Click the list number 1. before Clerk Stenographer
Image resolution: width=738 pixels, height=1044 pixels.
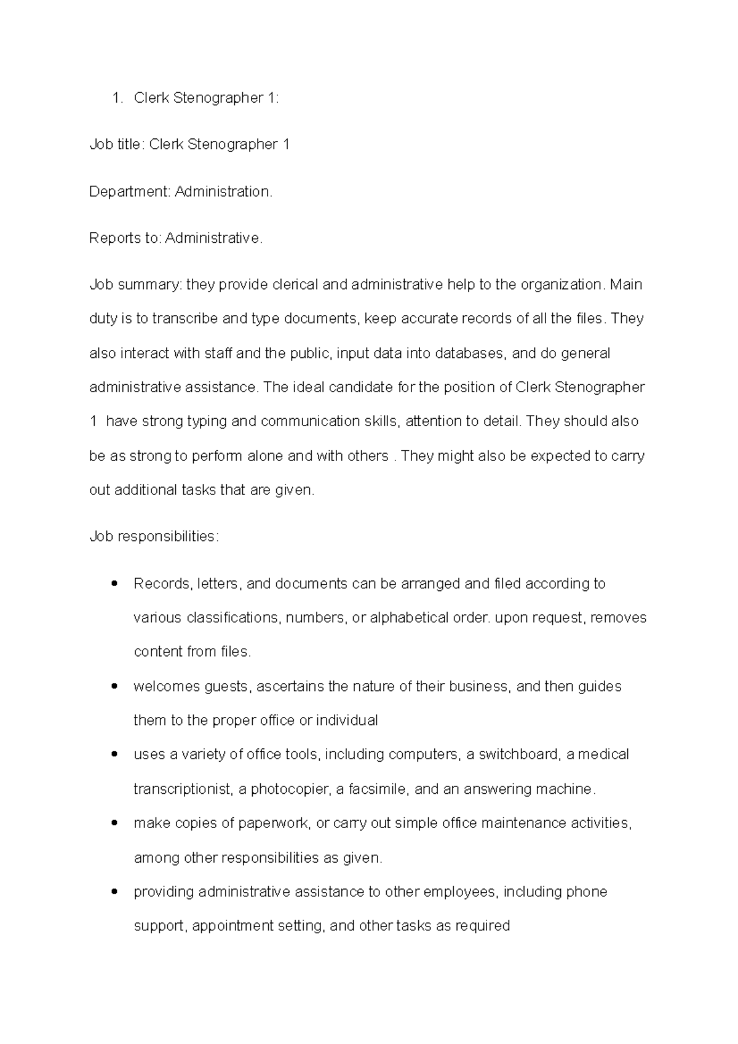coord(117,98)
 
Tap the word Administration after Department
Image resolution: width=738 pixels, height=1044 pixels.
coord(223,192)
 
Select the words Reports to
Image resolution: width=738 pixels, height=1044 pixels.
coord(125,238)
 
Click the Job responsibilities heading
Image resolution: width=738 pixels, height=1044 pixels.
coord(154,536)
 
